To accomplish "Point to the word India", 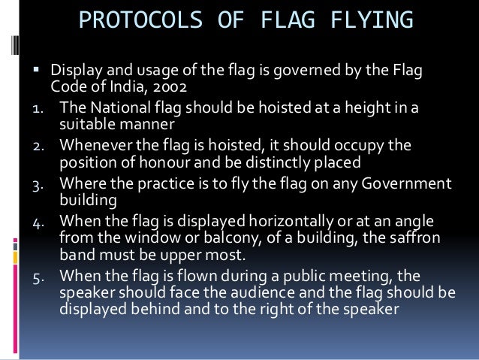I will coord(128,87).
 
